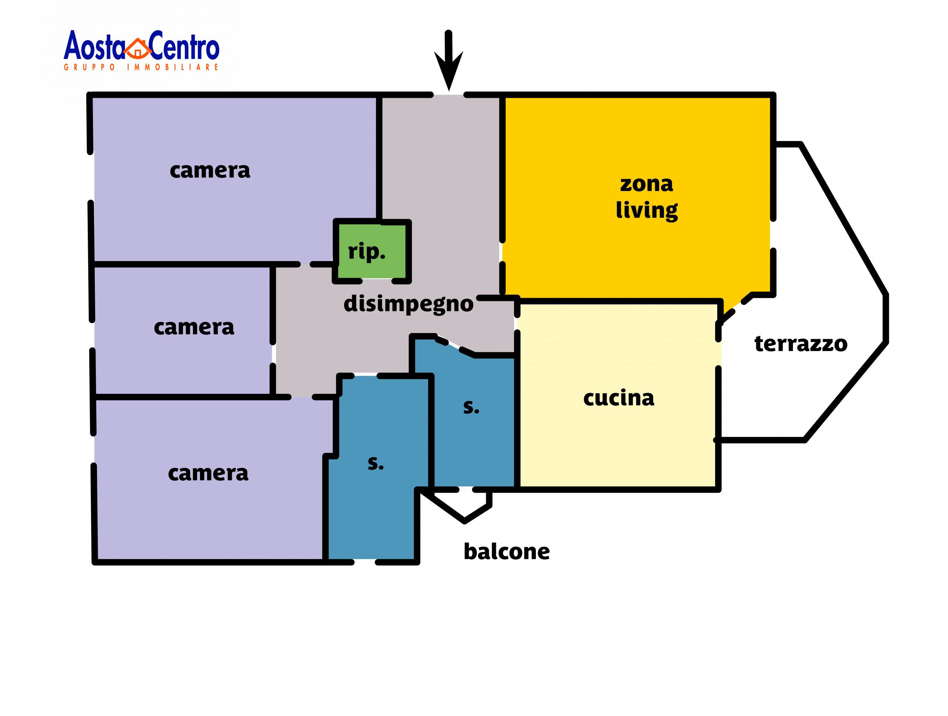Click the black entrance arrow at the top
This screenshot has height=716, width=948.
448,62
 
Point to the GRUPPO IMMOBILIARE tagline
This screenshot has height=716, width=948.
141,67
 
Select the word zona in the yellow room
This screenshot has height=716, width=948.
646,184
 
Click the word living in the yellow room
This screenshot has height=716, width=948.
646,210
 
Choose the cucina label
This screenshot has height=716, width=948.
618,398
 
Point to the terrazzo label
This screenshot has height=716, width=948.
801,344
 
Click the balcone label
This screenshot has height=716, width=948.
507,552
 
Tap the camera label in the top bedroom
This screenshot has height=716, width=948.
210,171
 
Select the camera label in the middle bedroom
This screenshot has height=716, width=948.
194,328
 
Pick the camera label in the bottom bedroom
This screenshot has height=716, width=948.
208,474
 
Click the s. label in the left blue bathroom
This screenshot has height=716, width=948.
375,464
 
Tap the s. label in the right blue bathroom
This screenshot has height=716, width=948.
471,408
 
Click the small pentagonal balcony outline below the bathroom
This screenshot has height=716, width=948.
463,506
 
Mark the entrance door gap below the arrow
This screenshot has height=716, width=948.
448,95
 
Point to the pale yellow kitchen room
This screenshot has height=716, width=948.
617,446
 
